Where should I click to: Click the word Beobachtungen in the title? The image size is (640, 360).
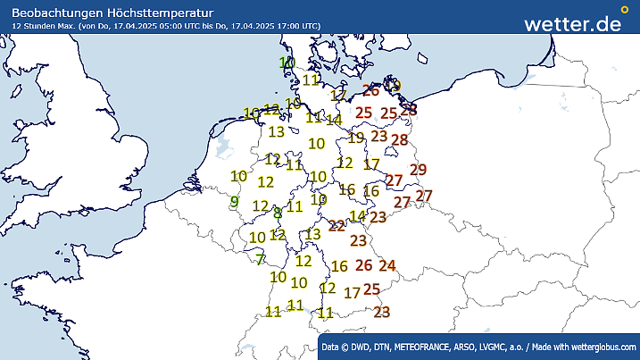click(x=56, y=10)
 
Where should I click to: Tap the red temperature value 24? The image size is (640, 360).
click(x=387, y=264)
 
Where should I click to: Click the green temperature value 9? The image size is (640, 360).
click(x=234, y=202)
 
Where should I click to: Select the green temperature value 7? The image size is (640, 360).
click(x=260, y=260)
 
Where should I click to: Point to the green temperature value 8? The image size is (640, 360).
click(x=278, y=213)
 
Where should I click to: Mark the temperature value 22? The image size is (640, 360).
click(x=337, y=225)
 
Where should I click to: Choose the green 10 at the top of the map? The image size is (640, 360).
click(x=287, y=63)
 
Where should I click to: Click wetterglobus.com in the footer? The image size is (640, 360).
click(x=603, y=346)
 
